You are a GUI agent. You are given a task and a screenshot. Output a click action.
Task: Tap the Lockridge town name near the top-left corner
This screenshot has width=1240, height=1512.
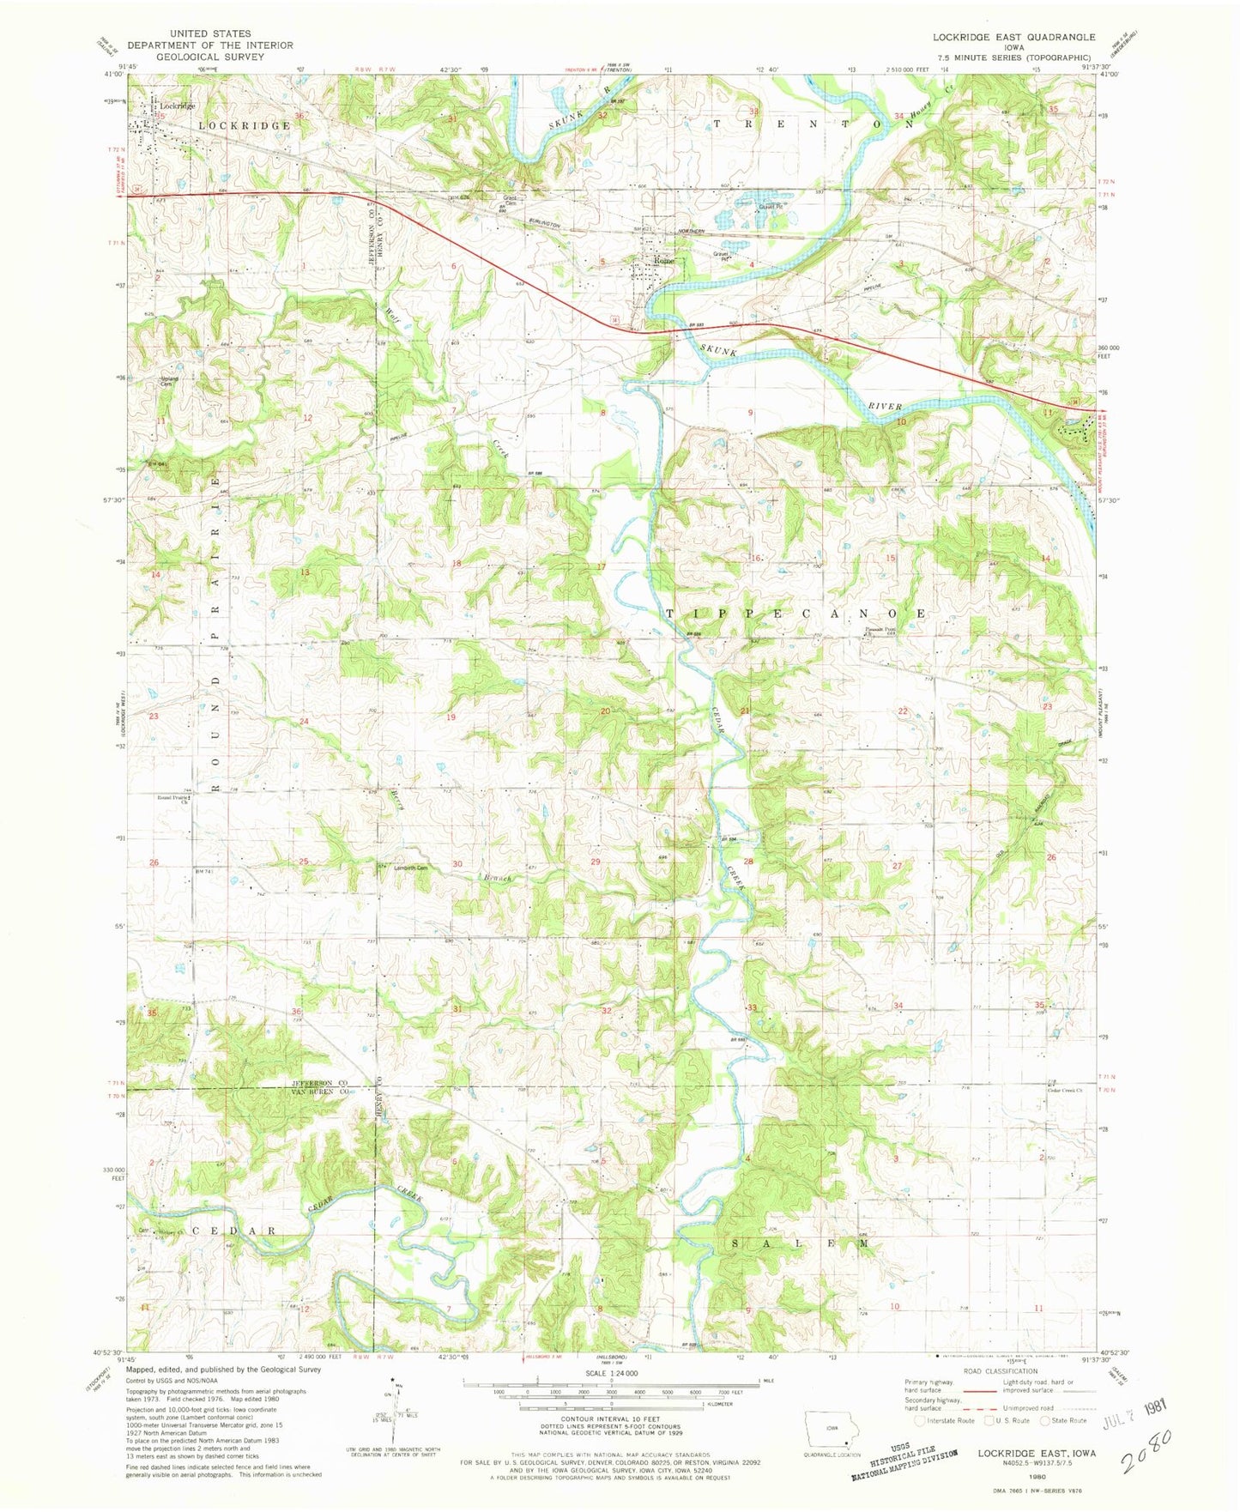178,106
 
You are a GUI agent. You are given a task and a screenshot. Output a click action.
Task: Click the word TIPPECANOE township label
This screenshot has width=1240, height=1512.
795,614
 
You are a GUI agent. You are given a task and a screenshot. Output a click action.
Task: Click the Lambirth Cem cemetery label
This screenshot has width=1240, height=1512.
410,867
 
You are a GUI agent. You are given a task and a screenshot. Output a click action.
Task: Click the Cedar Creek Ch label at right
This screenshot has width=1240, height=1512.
1065,1092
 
